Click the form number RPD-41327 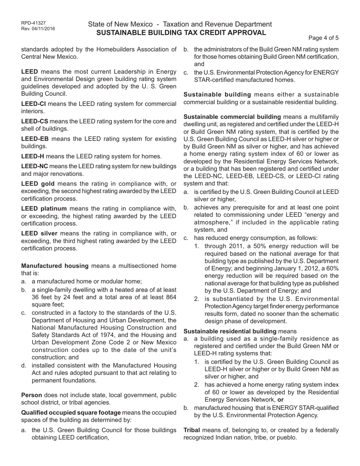(34, 23)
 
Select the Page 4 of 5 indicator (324, 38)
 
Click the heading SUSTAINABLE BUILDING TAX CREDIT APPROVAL (181, 33)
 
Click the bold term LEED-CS (34, 121)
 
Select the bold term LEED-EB (34, 139)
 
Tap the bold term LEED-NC (34, 166)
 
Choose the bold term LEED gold (38, 184)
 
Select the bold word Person (31, 395)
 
